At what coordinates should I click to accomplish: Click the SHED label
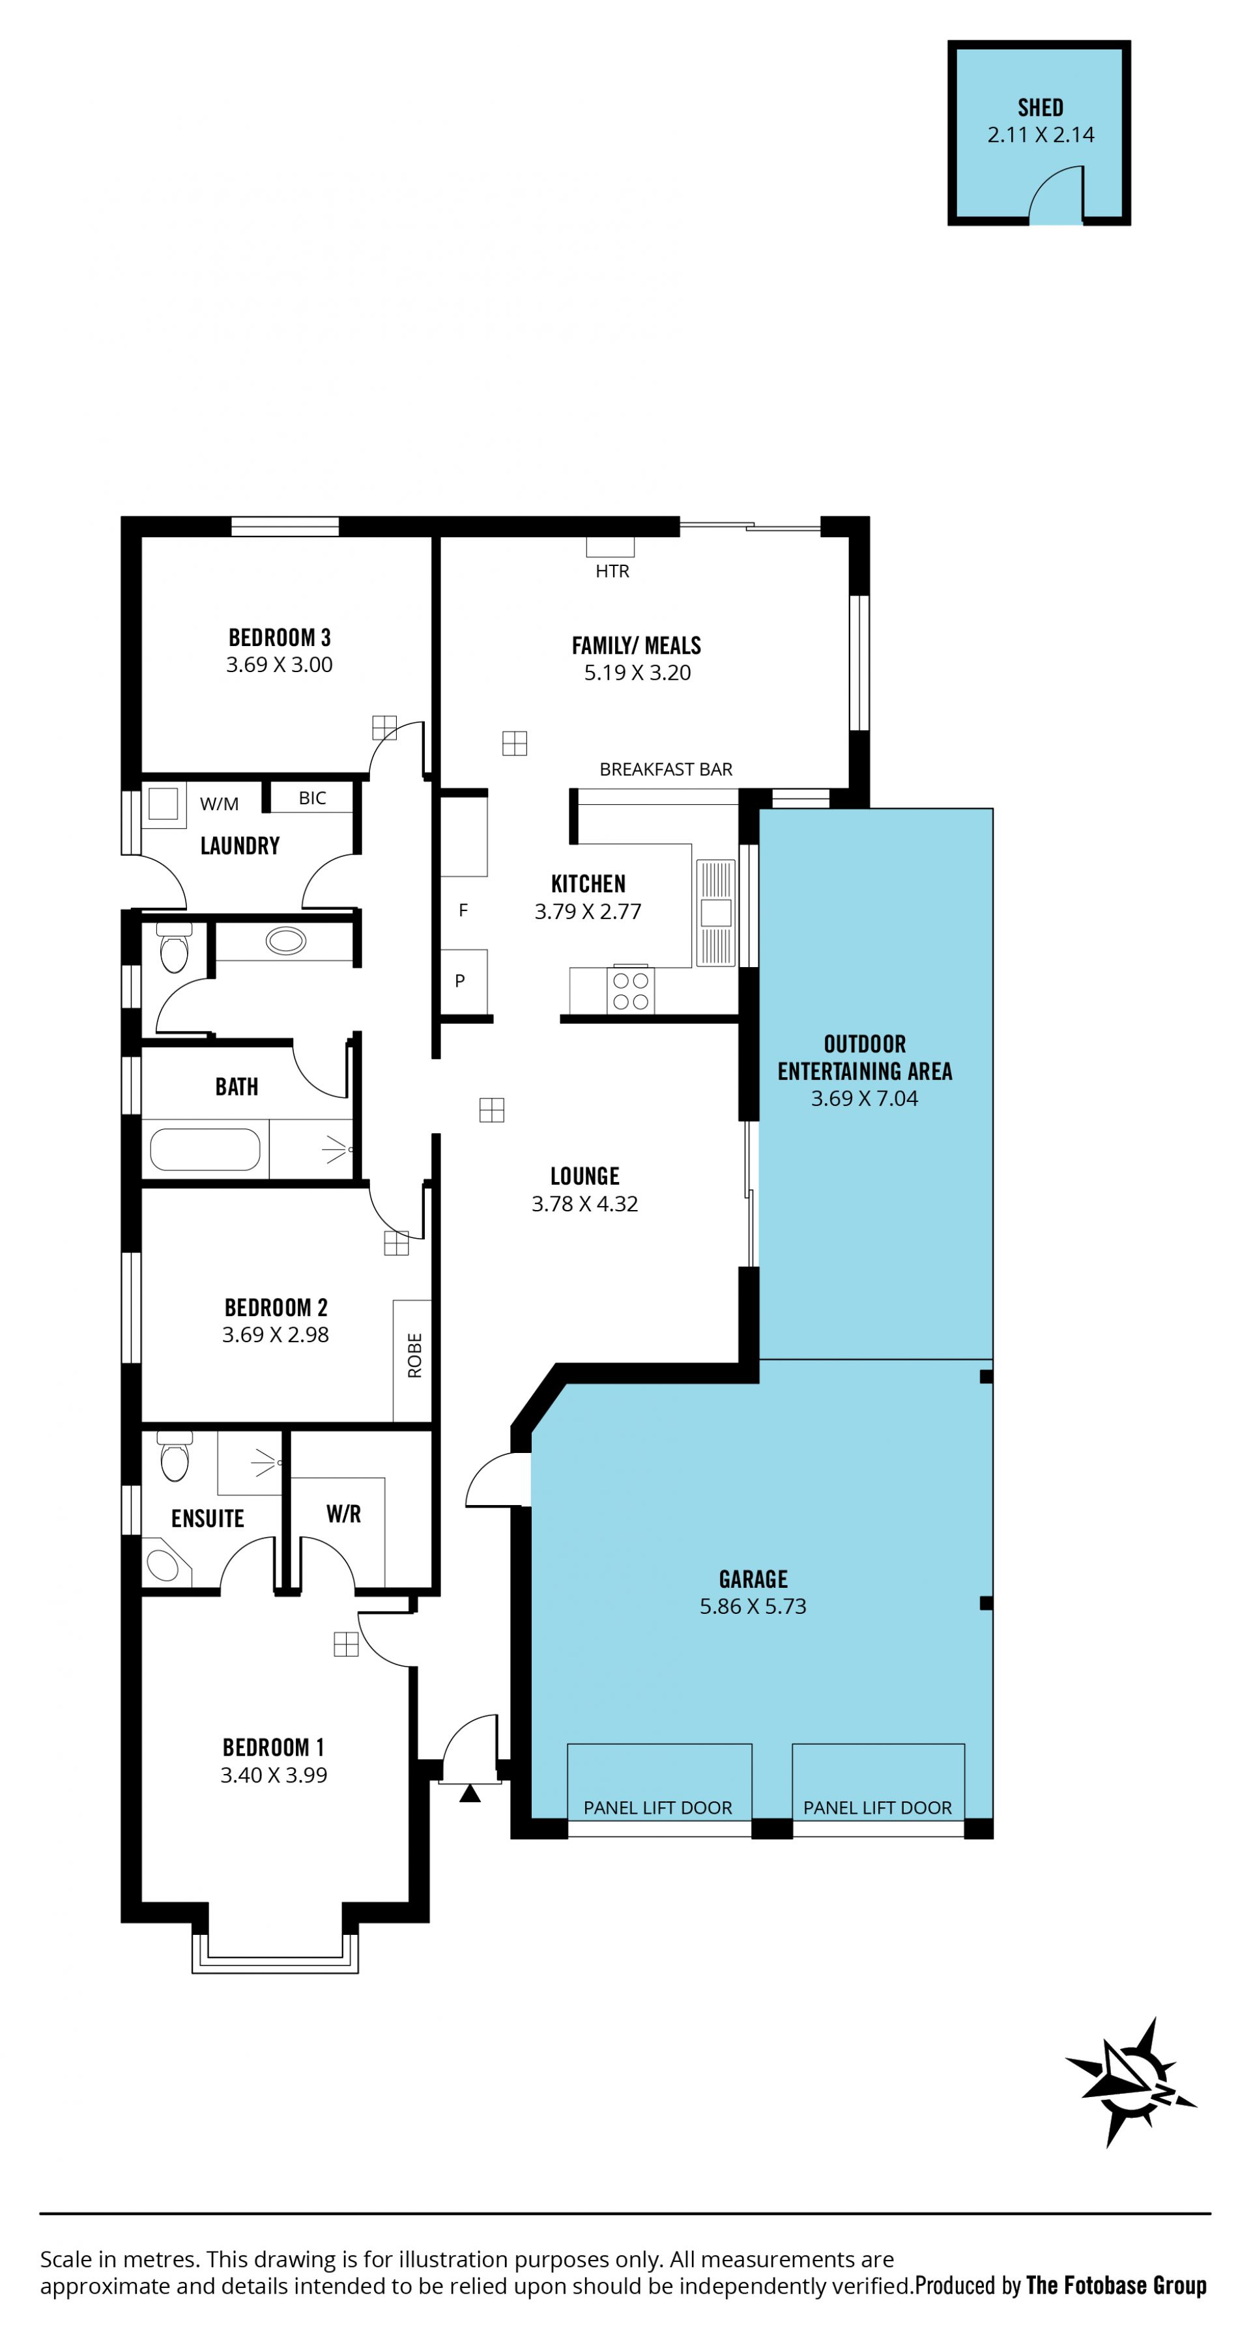point(1041,108)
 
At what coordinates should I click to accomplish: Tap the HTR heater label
point(612,571)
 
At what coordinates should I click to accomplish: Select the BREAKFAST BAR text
point(666,769)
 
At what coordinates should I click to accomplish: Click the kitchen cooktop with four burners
point(631,990)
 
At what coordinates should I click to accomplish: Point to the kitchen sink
point(716,912)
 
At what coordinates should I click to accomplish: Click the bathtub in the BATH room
point(205,1149)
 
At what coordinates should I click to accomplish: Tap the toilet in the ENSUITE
point(175,1456)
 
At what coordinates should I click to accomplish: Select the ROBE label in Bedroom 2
point(415,1355)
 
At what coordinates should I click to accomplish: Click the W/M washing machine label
point(219,804)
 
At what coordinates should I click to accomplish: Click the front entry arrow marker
point(470,1793)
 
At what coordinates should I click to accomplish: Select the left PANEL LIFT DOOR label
point(657,1808)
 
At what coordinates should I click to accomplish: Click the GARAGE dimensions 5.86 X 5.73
point(753,1607)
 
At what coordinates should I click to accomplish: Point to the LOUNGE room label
point(585,1176)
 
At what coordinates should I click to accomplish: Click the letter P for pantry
point(460,981)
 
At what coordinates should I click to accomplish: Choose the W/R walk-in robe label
point(343,1514)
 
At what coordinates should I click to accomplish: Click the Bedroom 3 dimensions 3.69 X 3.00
point(280,665)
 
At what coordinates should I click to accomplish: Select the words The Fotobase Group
point(1117,2285)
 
